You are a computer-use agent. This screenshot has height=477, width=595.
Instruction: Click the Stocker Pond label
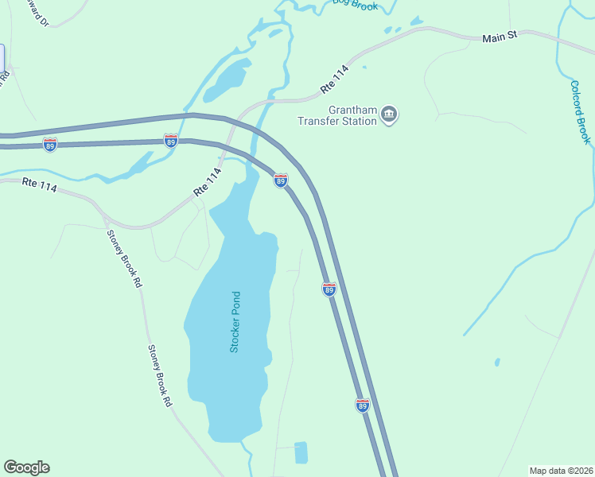click(235, 323)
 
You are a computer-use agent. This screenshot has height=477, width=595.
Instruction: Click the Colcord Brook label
click(581, 112)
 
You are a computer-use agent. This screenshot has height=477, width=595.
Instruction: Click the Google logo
click(26, 467)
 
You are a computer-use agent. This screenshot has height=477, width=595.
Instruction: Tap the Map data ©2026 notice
click(561, 470)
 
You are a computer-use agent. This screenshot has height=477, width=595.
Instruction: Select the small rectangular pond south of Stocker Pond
click(301, 452)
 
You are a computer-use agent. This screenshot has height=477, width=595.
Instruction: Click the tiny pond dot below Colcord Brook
click(497, 362)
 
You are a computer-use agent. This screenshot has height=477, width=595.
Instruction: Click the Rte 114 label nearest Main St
click(335, 77)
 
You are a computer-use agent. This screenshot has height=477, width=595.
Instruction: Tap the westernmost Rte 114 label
click(41, 184)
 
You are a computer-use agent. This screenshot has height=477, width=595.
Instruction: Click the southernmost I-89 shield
click(363, 405)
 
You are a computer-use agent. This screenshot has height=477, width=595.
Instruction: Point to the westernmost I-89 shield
click(50, 145)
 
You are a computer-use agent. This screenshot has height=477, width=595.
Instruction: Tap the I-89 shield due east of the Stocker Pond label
click(329, 289)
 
